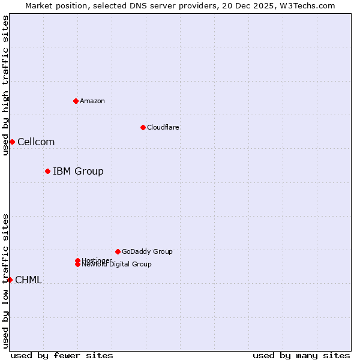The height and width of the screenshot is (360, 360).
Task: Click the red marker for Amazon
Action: point(76,101)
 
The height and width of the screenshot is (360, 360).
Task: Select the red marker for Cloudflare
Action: point(143,127)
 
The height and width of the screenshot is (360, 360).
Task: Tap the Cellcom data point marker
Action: point(12,142)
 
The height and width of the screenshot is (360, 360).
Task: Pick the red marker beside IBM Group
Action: point(47,171)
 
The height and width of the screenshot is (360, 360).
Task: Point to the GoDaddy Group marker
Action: point(118,251)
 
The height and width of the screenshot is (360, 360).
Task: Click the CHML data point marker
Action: point(10,280)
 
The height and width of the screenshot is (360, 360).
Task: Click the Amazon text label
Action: point(92,101)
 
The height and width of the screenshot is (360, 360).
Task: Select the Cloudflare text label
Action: point(163,127)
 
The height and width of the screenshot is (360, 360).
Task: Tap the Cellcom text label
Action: point(36,142)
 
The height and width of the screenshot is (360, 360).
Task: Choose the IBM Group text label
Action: point(78,172)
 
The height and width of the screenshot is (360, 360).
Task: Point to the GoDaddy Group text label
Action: point(147,252)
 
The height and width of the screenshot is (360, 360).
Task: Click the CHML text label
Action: point(28,280)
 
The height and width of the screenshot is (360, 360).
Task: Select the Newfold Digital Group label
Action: point(117,265)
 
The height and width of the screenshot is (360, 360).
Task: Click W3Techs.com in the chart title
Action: point(306,5)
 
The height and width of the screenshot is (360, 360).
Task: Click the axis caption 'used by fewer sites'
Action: point(62,355)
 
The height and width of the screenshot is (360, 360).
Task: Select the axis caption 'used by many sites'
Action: point(301,355)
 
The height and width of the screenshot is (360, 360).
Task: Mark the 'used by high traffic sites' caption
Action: point(5,86)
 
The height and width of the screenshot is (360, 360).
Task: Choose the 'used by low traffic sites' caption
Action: point(5,281)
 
